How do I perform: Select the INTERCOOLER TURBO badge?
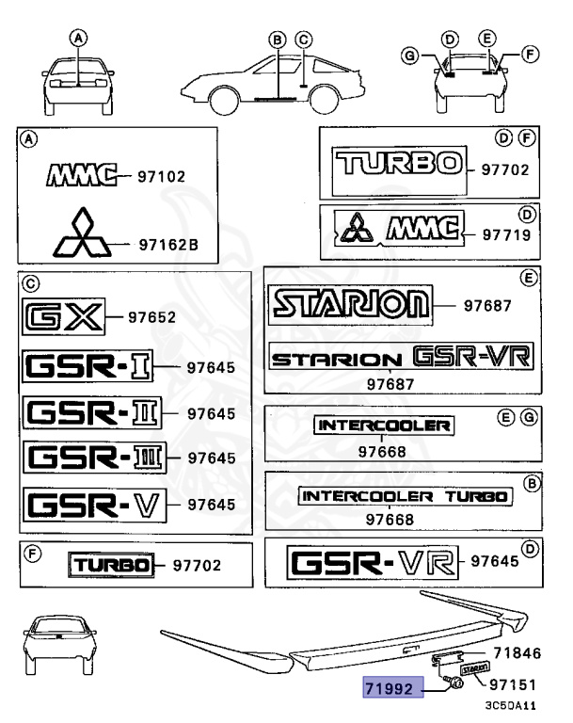pyautogui.click(x=405, y=496)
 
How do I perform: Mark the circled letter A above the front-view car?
pyautogui.click(x=79, y=39)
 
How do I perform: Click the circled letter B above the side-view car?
pyautogui.click(x=277, y=40)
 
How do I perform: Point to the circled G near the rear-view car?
pyautogui.click(x=408, y=56)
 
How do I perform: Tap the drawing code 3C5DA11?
pyautogui.click(x=511, y=704)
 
